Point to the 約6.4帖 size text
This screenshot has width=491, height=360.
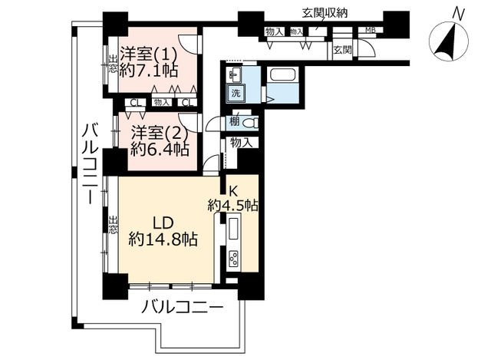(160, 149)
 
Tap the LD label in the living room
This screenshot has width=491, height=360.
(162, 222)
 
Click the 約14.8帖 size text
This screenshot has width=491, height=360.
(163, 239)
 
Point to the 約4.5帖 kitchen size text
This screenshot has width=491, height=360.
(232, 205)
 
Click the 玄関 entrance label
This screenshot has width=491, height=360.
(342, 50)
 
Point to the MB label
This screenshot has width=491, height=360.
(369, 31)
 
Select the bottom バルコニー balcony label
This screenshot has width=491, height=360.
(183, 309)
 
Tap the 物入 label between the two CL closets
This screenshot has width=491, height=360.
(161, 102)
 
